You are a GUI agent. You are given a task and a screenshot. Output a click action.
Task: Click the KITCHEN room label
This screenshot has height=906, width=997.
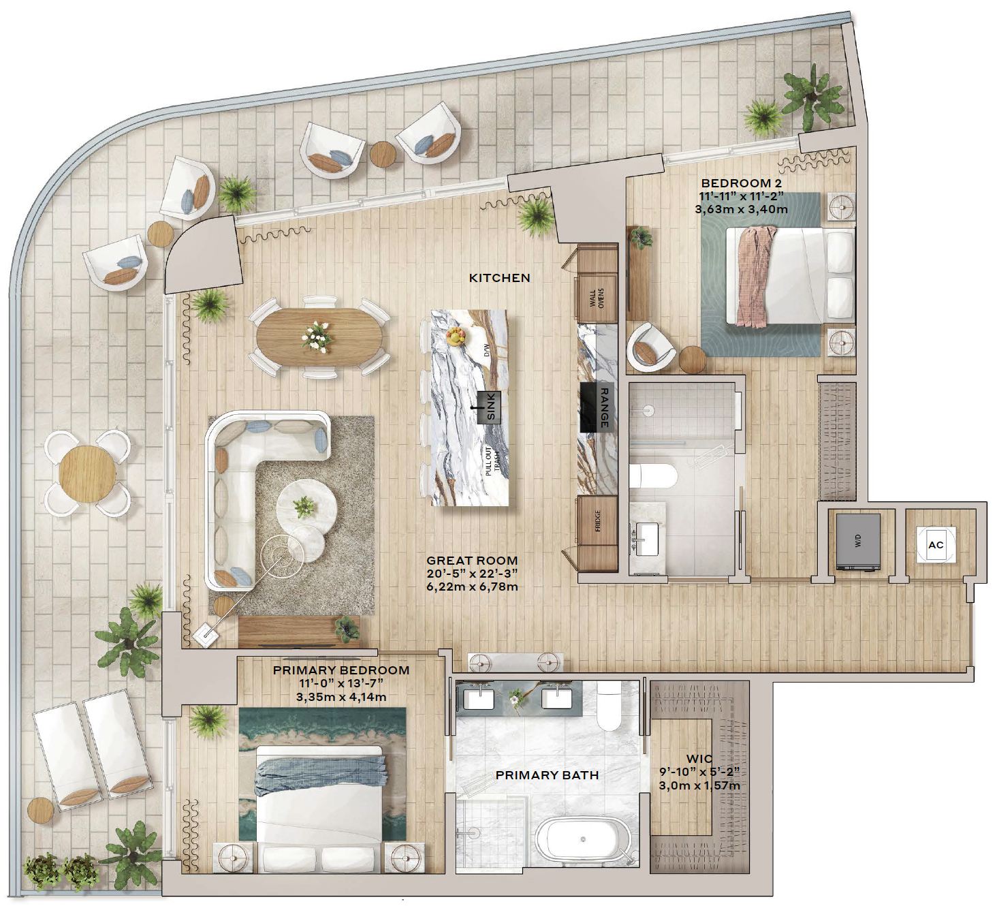[499, 278]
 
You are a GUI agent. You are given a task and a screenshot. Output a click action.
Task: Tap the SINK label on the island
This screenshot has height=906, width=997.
[490, 407]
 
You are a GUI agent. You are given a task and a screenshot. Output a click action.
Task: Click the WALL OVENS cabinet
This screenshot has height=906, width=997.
[597, 298]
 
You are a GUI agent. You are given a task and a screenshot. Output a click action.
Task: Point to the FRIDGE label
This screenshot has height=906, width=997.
[597, 520]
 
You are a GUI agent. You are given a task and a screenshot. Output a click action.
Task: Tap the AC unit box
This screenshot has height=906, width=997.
[936, 545]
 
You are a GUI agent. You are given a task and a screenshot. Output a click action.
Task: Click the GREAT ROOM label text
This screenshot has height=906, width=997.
[472, 561]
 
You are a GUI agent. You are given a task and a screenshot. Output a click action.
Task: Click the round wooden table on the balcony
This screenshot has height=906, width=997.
[87, 473]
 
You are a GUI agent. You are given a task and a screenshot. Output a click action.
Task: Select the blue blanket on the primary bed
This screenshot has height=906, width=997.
[321, 775]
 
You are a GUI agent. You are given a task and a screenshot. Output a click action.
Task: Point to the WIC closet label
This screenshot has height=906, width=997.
[699, 760]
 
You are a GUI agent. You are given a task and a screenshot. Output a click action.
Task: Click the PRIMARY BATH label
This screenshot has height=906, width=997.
[548, 775]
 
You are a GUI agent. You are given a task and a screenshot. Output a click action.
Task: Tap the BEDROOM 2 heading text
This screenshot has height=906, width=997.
[741, 183]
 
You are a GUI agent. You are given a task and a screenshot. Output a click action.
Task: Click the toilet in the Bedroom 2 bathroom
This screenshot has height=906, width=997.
[652, 476]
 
